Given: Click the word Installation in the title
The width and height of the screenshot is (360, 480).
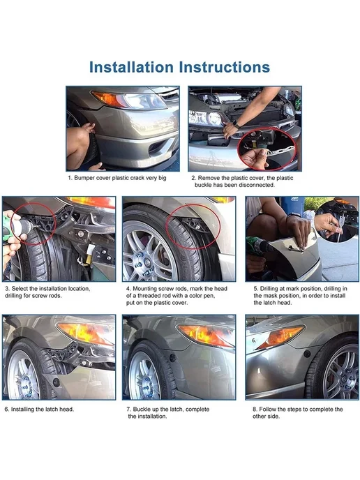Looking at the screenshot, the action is tap(131, 67).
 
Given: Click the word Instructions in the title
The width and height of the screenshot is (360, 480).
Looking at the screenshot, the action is tap(225, 67).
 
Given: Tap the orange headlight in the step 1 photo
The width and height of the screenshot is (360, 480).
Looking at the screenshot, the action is tap(110, 99).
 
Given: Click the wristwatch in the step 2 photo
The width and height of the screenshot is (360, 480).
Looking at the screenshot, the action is tap(236, 124).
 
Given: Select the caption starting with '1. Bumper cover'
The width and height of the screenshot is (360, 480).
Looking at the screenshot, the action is tap(117, 178).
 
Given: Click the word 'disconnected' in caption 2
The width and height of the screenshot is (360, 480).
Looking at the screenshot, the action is tap(257, 185).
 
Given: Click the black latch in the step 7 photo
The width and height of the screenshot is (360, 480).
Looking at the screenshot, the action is tap(172, 357).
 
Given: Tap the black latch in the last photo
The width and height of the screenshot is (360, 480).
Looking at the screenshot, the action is tap(307, 354).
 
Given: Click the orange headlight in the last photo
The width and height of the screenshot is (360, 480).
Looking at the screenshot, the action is tap(280, 337).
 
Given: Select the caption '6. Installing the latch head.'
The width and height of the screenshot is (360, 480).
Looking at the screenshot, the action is tap(39, 410).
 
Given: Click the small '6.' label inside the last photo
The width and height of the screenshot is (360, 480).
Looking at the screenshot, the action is tap(254, 340).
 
